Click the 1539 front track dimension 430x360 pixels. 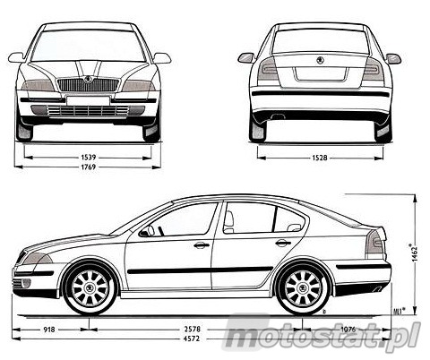pos(88,157)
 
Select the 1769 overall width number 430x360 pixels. pos(88,167)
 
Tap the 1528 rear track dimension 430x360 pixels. pos(320,158)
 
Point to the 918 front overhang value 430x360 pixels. pos(49,330)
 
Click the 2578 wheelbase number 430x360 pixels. pos(193,330)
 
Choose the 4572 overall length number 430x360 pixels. pos(192,339)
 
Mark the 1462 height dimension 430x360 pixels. pos(414,253)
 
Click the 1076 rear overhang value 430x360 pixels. pos(348,330)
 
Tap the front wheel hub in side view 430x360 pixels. pos(90,288)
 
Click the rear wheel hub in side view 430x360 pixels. pos(303,288)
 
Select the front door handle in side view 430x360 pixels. pos(201,245)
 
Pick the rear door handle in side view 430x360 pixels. pos(283,243)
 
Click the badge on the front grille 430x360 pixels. pos(88,80)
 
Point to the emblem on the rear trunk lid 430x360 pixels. pos(320,60)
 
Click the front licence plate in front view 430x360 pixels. pos(88,100)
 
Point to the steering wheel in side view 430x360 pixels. pos(150,230)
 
